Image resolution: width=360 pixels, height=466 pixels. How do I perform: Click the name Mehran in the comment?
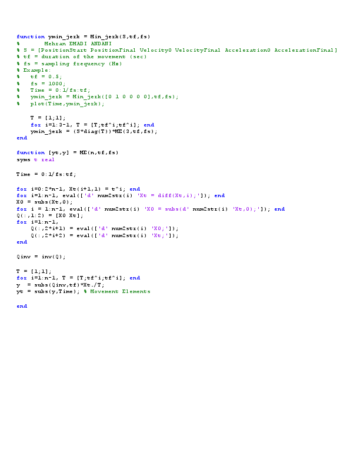pyautogui.click(x=55, y=44)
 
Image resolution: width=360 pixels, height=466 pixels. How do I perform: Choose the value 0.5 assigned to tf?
pyautogui.click(x=54, y=76)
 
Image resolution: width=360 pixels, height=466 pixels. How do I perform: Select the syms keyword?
pyautogui.click(x=23, y=159)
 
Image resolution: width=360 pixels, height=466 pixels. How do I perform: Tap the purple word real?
pyautogui.click(x=47, y=159)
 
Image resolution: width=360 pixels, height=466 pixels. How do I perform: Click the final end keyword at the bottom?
pyautogui.click(x=21, y=306)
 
